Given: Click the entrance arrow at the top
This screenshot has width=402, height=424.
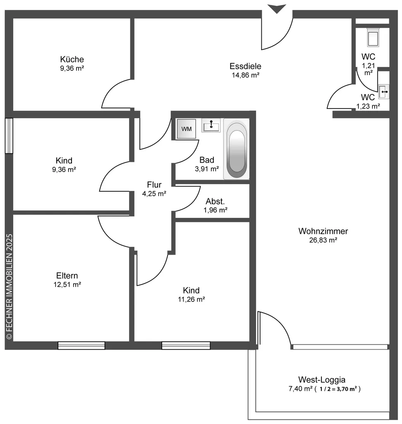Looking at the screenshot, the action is (x=277, y=8).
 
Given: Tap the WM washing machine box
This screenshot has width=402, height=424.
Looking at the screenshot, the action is (x=187, y=129).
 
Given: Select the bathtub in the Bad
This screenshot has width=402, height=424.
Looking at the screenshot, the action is (x=237, y=149).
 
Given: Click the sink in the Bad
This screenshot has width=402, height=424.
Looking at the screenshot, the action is (x=211, y=125).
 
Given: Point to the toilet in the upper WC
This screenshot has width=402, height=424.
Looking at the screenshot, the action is (x=373, y=37).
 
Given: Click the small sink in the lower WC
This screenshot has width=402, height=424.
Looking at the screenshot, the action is (x=384, y=92).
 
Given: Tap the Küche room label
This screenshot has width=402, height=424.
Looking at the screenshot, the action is (x=72, y=59).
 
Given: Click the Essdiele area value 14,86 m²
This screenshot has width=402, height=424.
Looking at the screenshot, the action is (x=245, y=75).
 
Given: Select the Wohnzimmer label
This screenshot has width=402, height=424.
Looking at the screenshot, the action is (x=323, y=231).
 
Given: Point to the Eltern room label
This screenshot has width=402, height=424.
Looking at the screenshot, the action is (x=67, y=275).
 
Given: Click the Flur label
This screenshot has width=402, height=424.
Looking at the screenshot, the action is (x=154, y=185).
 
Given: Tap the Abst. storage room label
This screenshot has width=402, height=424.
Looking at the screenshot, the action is (x=215, y=201).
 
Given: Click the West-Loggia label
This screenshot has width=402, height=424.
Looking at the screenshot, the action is (x=322, y=380).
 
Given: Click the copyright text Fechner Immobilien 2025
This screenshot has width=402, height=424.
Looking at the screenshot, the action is (x=9, y=287).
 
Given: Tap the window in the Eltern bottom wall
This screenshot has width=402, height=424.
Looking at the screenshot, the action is (x=81, y=346).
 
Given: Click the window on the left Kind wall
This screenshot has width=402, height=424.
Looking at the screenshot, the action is (x=9, y=136).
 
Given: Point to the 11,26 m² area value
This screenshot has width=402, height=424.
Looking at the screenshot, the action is (x=191, y=299).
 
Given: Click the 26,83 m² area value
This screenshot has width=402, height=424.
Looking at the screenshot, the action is (x=323, y=240).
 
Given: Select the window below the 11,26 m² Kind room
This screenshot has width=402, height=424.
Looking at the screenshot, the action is (x=186, y=346).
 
